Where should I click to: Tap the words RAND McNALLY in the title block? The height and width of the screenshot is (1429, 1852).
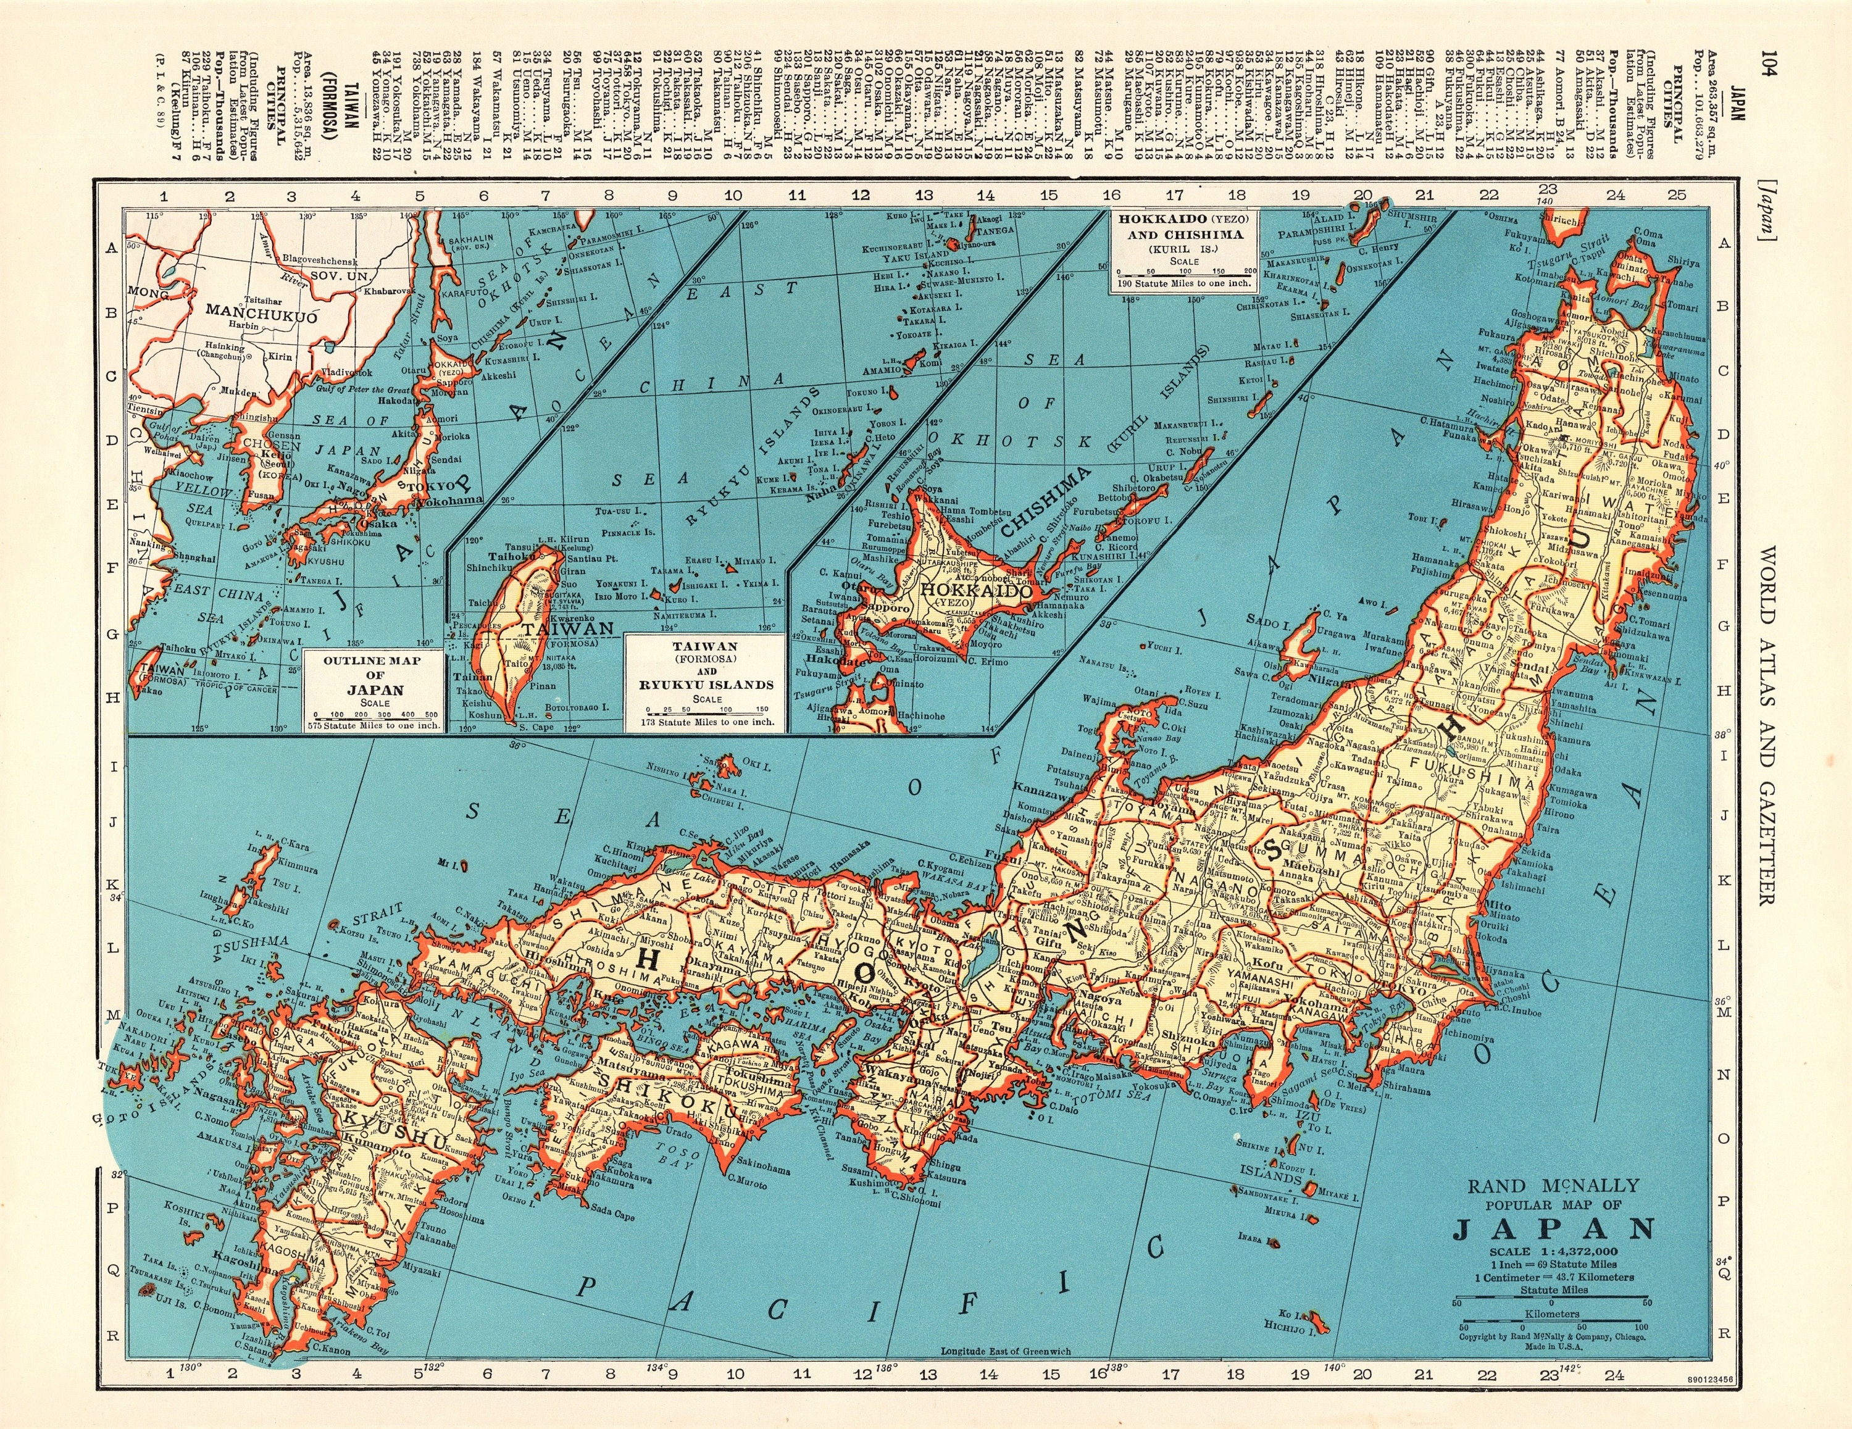(x=1553, y=1186)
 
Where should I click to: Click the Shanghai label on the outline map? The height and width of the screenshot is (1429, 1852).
(x=191, y=558)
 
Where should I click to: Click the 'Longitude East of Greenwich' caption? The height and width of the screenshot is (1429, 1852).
(x=1006, y=1375)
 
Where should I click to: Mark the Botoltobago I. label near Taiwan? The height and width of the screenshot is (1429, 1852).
(x=577, y=706)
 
